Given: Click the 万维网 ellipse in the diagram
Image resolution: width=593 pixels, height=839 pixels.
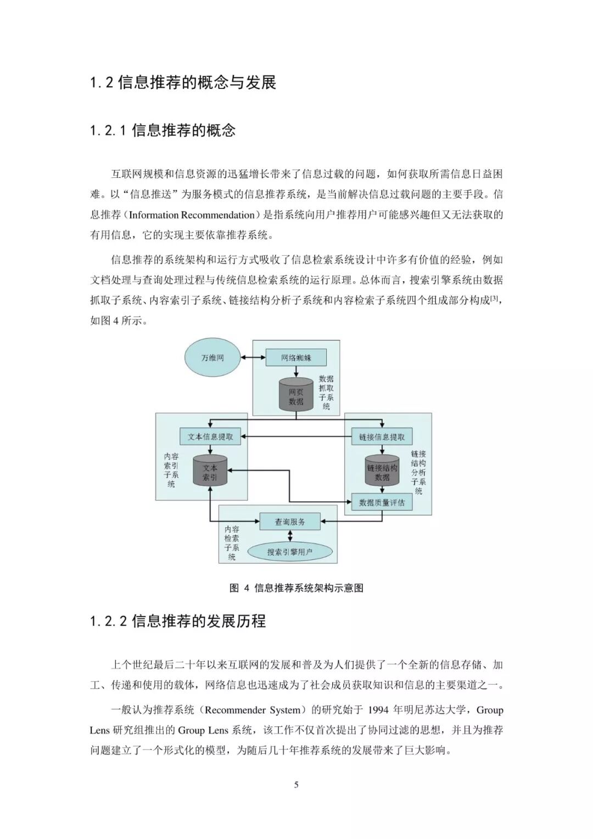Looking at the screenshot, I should [212, 357].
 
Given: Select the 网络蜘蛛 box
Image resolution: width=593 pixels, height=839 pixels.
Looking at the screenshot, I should [296, 357].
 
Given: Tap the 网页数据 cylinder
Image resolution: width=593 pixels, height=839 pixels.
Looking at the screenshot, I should [296, 395].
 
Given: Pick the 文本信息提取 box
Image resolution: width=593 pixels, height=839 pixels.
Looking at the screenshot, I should [210, 437].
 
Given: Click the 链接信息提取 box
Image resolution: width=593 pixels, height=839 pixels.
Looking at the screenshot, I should [382, 437].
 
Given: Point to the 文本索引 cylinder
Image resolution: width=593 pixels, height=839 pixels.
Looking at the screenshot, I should [210, 472].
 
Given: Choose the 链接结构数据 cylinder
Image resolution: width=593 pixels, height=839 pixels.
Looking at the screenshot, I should [382, 472].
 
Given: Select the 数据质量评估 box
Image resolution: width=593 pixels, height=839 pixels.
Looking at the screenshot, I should [382, 502].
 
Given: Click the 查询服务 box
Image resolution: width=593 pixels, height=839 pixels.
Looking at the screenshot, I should [290, 522].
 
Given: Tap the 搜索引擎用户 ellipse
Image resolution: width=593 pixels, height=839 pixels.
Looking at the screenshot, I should [290, 552].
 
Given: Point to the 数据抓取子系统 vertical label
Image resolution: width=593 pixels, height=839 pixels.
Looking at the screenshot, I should [326, 392].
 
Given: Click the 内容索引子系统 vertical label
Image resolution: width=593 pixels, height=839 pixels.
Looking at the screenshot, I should [171, 470].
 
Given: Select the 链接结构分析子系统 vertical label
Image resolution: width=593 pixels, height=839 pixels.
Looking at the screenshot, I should [418, 472].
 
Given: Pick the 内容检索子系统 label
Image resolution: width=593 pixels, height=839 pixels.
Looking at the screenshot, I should [232, 542].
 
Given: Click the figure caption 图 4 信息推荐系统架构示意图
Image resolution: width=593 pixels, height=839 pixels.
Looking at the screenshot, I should [296, 588].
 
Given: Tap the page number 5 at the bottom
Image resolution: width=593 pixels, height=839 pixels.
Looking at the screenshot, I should [296, 785].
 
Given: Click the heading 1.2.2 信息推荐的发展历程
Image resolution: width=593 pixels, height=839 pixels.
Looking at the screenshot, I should [178, 621].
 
